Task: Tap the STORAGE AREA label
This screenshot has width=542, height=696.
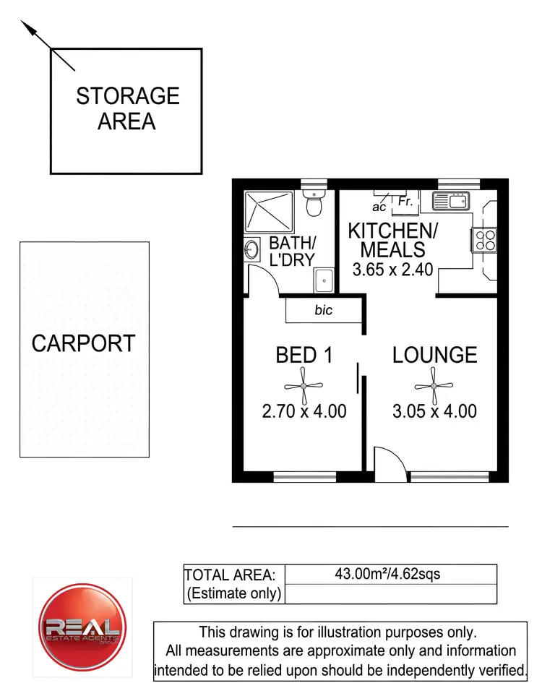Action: point(127,108)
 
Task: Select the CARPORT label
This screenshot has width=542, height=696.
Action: point(83,343)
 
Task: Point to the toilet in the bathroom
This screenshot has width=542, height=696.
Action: point(314,205)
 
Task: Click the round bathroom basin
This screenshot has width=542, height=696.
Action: point(252,250)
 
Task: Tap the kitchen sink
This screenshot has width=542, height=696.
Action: point(451,201)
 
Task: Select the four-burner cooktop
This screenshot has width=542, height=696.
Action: point(483,240)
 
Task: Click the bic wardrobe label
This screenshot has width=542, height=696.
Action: point(324,311)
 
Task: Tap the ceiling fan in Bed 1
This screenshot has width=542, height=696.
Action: point(304,385)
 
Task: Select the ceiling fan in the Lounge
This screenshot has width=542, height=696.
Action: point(434,385)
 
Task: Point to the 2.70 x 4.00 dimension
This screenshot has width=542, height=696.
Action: point(304,412)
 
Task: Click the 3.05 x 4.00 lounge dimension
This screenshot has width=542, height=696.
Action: point(434,412)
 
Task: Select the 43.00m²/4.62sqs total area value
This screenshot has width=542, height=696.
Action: point(387,575)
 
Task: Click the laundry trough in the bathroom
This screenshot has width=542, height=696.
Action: point(323,277)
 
